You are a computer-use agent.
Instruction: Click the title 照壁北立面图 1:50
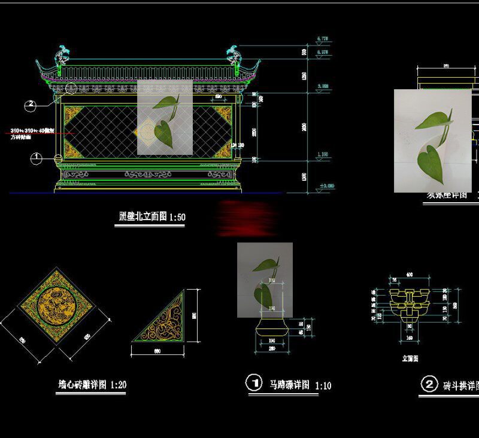click(150, 217)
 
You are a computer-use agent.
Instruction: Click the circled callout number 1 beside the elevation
click(37, 158)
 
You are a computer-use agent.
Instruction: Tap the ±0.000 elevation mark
click(327, 187)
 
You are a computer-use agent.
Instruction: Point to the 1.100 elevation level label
click(322, 155)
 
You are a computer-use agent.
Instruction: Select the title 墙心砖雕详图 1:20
click(92, 385)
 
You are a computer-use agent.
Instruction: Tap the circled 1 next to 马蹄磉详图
click(254, 383)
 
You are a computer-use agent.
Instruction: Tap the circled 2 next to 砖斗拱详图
click(429, 384)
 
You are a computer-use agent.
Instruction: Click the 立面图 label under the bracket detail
click(410, 358)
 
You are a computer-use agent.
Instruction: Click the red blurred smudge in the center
click(247, 218)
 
